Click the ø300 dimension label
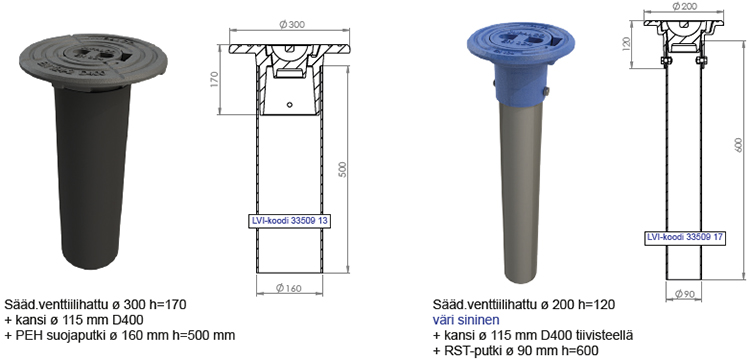pyautogui.click(x=291, y=25)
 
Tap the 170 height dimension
pyautogui.click(x=214, y=79)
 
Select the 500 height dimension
pyautogui.click(x=342, y=169)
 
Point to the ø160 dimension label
pyautogui.click(x=289, y=288)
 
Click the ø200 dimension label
pyautogui.click(x=683, y=7)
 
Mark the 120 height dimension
pyautogui.click(x=627, y=45)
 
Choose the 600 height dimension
pyautogui.click(x=738, y=145)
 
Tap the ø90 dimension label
pyautogui.click(x=684, y=295)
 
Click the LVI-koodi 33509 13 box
pyautogui.click(x=291, y=221)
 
